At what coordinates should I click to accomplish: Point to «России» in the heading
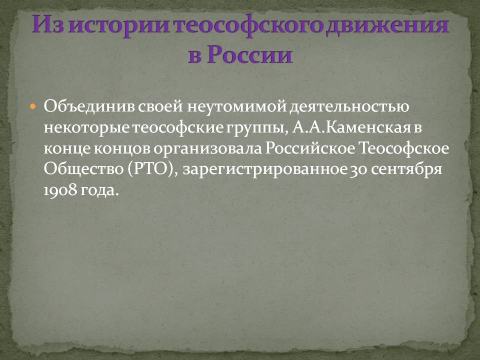click(x=249, y=55)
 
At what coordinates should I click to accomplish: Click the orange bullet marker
click(x=33, y=107)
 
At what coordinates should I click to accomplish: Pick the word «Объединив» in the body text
click(x=89, y=106)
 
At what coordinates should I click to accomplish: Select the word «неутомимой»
click(x=236, y=107)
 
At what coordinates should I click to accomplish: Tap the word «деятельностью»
click(x=349, y=107)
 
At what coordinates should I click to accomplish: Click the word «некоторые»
click(x=86, y=128)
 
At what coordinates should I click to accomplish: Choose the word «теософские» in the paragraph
click(x=178, y=127)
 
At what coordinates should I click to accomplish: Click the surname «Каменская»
click(x=367, y=127)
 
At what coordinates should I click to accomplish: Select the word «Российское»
click(x=310, y=149)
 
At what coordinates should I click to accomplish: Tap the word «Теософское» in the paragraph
click(x=404, y=149)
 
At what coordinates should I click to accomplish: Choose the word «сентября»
click(x=406, y=170)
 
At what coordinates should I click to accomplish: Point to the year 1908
click(x=60, y=190)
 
